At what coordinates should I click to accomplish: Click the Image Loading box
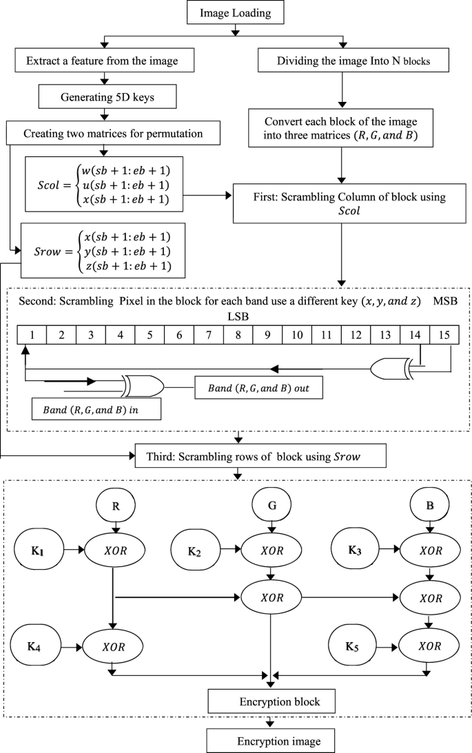[x=236, y=13]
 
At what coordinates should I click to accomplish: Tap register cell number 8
[x=238, y=336]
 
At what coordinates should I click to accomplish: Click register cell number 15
[x=444, y=336]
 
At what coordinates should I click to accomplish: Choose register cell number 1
[x=32, y=336]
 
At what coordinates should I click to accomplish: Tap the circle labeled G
[x=274, y=504]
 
